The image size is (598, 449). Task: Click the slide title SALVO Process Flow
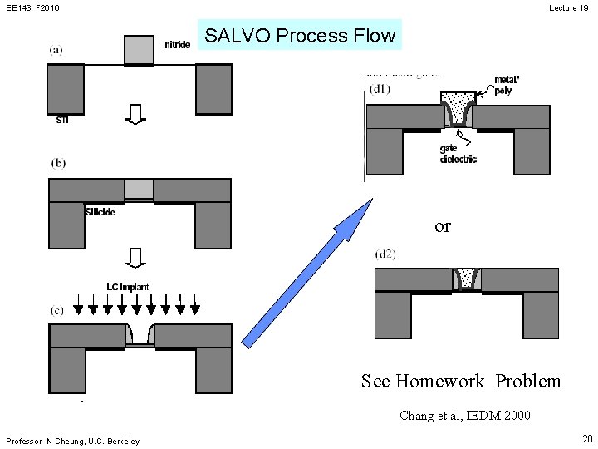pos(300,36)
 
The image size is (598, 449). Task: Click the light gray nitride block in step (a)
pos(139,50)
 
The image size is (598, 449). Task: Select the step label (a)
pos(56,50)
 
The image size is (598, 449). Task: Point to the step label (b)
pos(58,164)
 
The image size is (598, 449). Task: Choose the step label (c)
pos(57,311)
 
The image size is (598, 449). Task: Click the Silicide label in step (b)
pos(100,212)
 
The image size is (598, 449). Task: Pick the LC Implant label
pos(128,287)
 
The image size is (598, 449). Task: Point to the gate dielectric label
pos(458,154)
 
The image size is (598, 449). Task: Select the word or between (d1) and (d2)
pos(443,226)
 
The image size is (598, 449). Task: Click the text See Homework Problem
pos(461,382)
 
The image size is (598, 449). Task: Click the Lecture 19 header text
pos(569,7)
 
